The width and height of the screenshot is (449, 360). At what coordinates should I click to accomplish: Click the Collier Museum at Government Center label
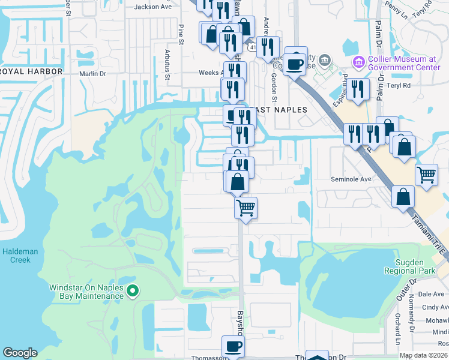click(402, 63)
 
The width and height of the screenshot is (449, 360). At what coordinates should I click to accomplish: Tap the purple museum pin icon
click(359, 61)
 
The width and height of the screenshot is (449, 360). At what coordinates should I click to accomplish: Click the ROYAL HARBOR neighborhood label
click(31, 71)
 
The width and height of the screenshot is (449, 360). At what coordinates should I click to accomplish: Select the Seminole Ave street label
click(351, 179)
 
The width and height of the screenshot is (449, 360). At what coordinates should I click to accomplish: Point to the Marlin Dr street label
click(92, 74)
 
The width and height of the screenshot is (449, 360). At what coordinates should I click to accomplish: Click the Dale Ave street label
click(430, 294)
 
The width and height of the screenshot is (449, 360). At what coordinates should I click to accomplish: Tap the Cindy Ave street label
click(435, 307)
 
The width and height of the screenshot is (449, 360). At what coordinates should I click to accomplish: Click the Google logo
click(20, 353)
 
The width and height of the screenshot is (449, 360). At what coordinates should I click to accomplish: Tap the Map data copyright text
click(424, 355)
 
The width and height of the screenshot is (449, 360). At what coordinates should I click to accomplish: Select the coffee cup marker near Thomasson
click(233, 347)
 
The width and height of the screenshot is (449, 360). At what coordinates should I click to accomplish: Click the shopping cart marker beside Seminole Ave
click(426, 175)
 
